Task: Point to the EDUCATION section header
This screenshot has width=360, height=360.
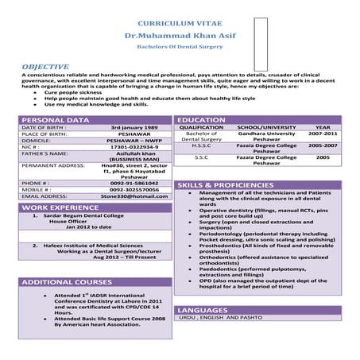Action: (202, 120)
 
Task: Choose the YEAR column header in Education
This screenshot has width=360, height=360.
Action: (323, 127)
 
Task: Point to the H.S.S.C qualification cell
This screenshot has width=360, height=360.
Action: (202, 145)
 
